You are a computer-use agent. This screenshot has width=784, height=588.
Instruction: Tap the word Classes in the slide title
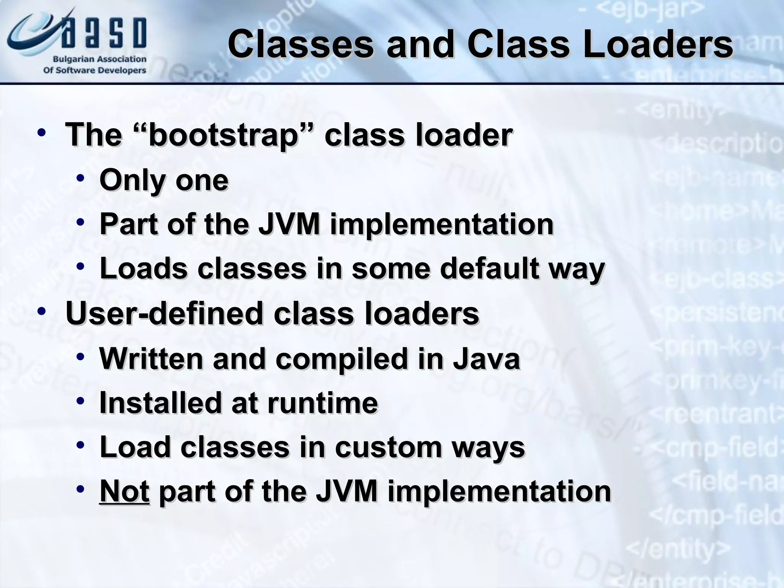300,45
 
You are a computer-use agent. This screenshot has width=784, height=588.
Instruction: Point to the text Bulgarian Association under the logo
99,59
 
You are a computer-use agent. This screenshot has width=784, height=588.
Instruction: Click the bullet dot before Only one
80,178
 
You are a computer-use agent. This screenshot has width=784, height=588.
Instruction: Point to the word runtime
322,403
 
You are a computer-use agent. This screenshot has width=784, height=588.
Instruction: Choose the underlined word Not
124,492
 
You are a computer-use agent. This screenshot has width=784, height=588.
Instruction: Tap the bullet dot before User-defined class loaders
42,311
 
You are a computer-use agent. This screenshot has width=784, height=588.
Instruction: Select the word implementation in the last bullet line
499,492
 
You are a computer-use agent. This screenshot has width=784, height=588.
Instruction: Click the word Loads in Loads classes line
143,268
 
